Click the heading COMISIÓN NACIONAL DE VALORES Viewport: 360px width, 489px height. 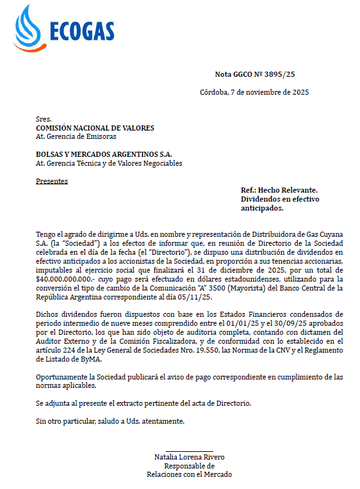pos(95,128)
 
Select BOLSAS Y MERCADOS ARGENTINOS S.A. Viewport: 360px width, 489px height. pos(104,154)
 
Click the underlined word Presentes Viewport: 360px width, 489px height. pos(51,181)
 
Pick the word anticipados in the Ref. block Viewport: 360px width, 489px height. pos(262,208)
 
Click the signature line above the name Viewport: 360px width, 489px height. pos(189,451)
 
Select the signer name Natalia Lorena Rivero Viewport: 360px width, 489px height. pos(189,457)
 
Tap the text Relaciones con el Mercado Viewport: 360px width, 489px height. pos(189,474)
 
